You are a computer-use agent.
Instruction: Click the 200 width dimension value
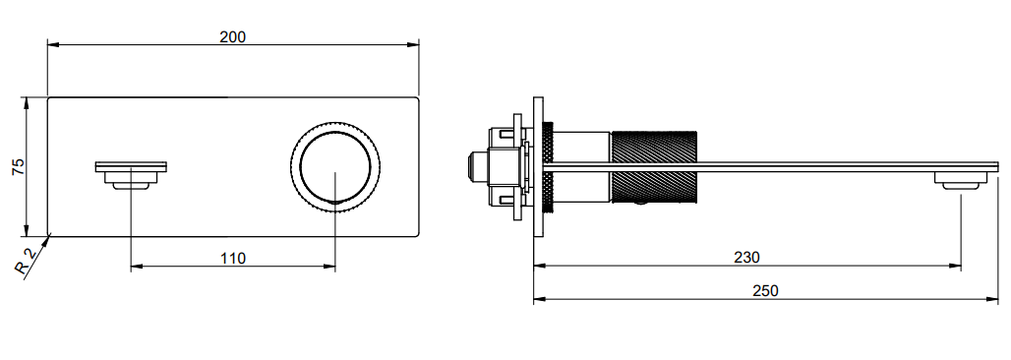pos(233,36)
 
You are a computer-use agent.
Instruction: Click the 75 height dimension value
pos(19,166)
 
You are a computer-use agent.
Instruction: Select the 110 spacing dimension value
pos(233,258)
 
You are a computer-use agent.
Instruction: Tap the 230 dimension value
pos(746,257)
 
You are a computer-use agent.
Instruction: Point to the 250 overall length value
pos(765,291)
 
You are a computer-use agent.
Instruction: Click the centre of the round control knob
pos(335,167)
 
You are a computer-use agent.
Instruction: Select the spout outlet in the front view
pos(131,175)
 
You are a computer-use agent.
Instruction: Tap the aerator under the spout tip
pos(961,181)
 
